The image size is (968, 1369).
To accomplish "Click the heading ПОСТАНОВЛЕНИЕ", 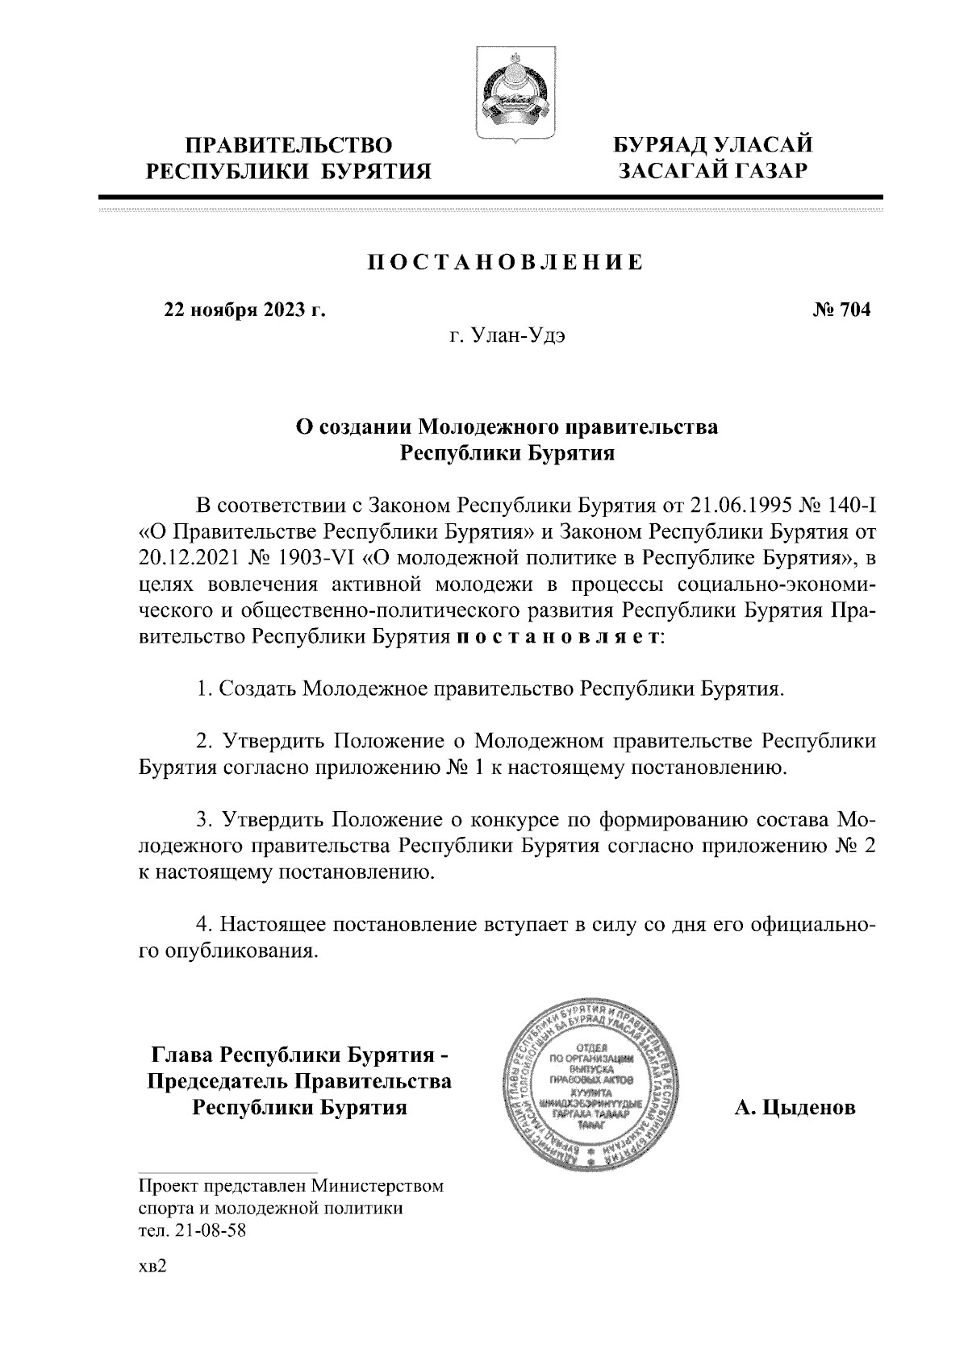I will pyautogui.click(x=506, y=262).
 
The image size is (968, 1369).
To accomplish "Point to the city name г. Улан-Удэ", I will pyautogui.click(x=507, y=336).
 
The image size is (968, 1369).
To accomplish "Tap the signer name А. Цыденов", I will pyautogui.click(x=795, y=1108).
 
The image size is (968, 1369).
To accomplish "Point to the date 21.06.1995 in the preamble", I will pyautogui.click(x=738, y=506).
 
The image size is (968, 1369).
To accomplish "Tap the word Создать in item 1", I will pyautogui.click(x=257, y=689).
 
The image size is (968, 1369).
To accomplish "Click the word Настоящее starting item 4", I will pyautogui.click(x=269, y=923).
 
